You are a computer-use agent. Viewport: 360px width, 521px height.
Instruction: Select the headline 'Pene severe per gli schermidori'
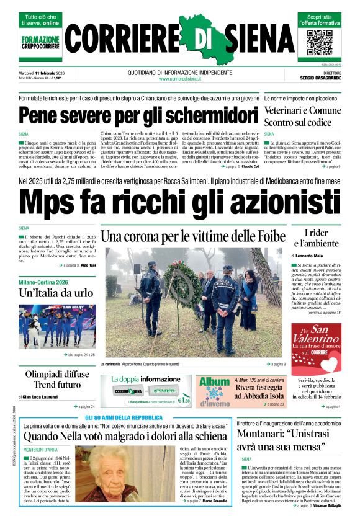click(129, 116)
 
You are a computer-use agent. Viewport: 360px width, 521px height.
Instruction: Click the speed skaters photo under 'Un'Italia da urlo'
click(57, 325)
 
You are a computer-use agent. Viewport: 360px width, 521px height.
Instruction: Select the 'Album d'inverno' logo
click(214, 392)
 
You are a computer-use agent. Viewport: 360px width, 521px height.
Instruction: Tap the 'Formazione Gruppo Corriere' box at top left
click(41, 42)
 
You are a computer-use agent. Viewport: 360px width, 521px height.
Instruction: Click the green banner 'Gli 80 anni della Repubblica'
click(124, 417)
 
